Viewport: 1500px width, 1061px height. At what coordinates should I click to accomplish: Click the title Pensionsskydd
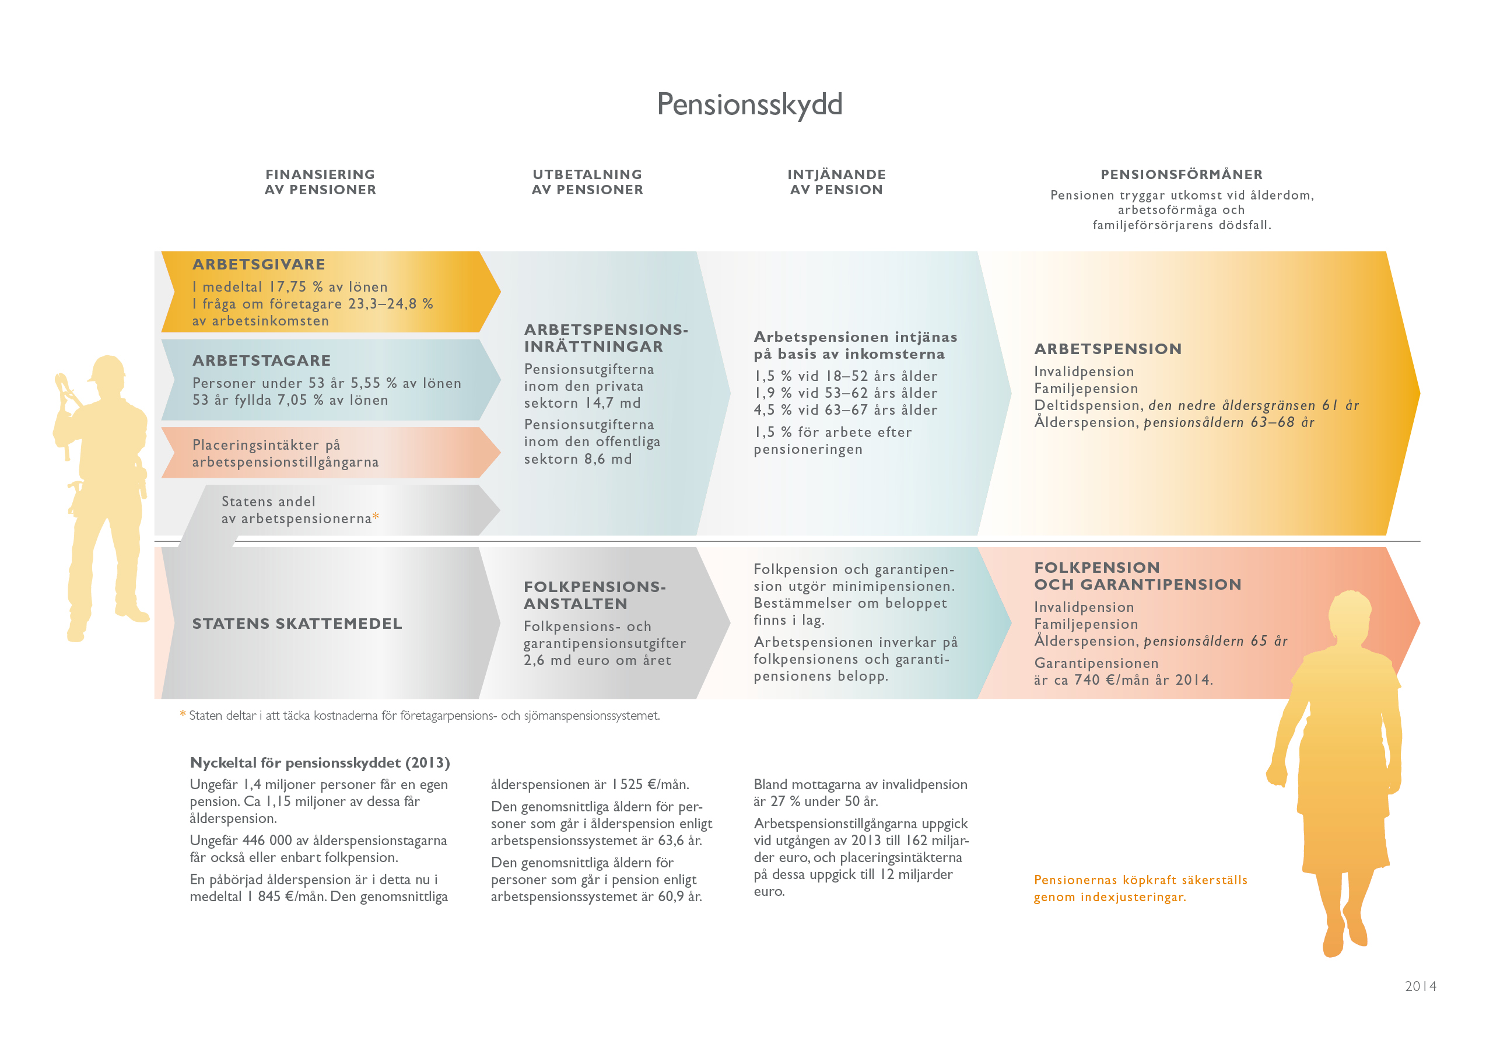pos(749,104)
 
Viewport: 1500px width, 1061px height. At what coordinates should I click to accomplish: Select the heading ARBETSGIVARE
pos(259,265)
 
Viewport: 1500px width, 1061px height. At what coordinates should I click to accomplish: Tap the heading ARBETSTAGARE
pos(261,360)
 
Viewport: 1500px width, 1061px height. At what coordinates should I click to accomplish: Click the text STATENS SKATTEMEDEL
pos(297,624)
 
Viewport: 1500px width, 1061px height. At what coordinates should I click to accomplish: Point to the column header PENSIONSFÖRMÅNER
pos(1181,174)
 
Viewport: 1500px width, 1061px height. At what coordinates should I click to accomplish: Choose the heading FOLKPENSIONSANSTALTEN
pos(594,595)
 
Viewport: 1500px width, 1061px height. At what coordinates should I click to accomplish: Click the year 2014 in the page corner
pos(1420,986)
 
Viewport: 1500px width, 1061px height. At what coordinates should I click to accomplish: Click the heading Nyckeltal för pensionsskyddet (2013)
pos(320,763)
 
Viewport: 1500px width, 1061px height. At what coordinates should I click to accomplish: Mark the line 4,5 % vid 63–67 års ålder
pos(846,410)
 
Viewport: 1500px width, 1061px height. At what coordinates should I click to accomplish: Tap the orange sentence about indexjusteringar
pos(1140,888)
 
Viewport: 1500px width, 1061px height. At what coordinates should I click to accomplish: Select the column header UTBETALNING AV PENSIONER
pos(587,183)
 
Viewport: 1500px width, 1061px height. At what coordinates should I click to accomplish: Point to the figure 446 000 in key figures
pos(267,841)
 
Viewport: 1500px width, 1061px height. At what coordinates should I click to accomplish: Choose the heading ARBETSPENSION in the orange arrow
pos(1108,349)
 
